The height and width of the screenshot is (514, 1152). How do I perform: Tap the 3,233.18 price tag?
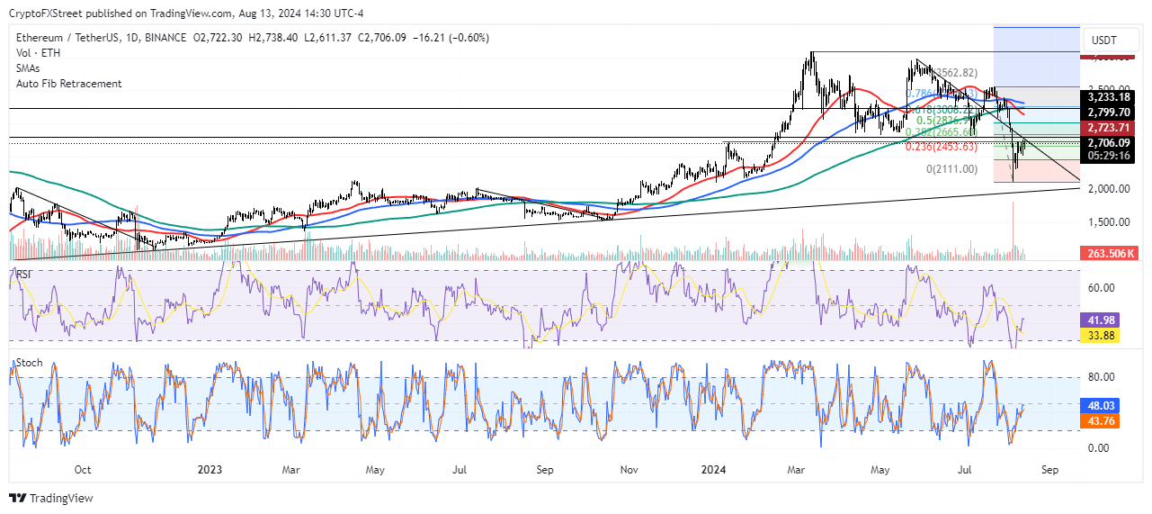[1108, 97]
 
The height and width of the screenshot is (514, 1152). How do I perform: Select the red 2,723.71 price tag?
[1108, 128]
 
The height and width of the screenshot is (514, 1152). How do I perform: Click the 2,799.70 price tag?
[1108, 112]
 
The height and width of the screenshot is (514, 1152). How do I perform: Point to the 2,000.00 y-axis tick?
[1108, 188]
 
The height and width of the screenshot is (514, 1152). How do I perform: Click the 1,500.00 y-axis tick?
[1108, 221]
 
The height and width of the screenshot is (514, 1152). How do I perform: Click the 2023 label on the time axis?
[210, 469]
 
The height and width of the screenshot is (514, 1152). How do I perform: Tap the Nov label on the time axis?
[630, 469]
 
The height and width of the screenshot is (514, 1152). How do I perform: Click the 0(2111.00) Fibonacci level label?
[951, 168]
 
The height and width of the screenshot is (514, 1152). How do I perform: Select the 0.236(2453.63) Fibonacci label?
[941, 147]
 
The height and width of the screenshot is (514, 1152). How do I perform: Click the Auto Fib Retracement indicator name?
[68, 84]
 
